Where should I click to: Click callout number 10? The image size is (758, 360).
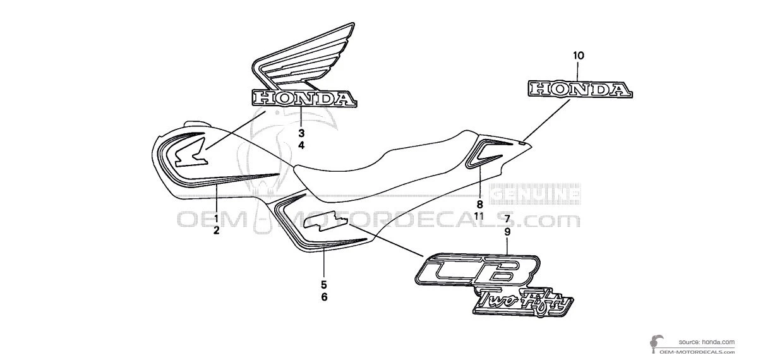coord(577,56)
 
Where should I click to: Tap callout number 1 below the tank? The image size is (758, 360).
coord(217,218)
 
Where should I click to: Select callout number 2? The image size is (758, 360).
coord(217,231)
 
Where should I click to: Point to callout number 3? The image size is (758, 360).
coord(301,133)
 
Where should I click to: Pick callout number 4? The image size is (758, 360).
coord(301,145)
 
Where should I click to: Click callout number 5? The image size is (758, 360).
coord(324,284)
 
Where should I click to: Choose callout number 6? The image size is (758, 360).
coord(324,297)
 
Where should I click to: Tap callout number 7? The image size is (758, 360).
coord(507,219)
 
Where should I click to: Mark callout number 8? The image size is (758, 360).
coord(480,204)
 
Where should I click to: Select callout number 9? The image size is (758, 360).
coord(507,232)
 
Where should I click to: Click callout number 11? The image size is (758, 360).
coord(479,216)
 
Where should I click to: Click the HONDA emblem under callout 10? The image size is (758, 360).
coord(581,89)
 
